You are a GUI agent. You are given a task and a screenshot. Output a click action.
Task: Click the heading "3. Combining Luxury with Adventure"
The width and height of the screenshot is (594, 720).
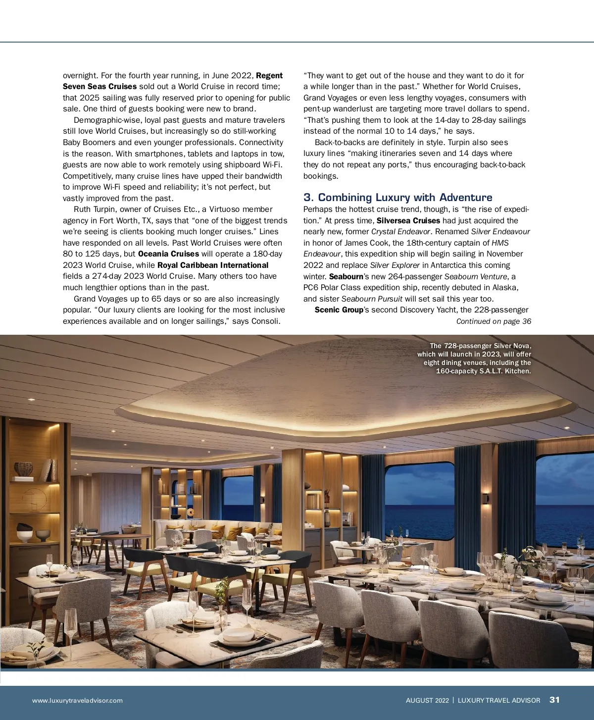[397, 197]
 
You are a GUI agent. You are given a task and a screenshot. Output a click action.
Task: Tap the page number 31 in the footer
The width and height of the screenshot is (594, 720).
[554, 700]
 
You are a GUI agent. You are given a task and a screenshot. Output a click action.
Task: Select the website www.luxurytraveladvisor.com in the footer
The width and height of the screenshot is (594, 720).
[77, 700]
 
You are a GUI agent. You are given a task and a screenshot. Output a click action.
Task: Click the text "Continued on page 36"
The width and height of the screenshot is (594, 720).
[494, 321]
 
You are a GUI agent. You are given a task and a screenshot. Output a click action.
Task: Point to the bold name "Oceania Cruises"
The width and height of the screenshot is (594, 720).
[168, 254]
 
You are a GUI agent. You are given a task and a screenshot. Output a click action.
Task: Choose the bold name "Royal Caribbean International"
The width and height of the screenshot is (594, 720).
[213, 265]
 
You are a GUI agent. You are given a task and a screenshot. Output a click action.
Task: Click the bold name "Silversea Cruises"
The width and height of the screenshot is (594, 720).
[408, 221]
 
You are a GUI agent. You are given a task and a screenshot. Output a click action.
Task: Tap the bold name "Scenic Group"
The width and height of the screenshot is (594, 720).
[339, 310]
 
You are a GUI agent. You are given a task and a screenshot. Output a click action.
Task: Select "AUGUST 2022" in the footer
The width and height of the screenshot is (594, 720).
[427, 700]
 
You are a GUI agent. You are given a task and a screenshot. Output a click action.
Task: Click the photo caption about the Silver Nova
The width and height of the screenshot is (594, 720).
[474, 359]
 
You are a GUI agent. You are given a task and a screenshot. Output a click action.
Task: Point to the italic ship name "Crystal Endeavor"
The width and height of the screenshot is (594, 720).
[400, 232]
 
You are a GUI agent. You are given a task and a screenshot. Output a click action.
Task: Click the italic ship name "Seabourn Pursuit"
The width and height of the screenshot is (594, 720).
[372, 299]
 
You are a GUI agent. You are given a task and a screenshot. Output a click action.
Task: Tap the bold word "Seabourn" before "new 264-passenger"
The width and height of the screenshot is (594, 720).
[346, 277]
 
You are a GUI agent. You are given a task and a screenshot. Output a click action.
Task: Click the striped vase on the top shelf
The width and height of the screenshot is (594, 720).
[23, 469]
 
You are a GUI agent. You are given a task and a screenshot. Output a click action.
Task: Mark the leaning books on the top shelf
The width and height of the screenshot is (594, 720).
[49, 470]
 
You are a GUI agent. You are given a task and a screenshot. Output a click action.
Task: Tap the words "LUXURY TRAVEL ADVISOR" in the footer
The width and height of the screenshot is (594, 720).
[498, 700]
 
